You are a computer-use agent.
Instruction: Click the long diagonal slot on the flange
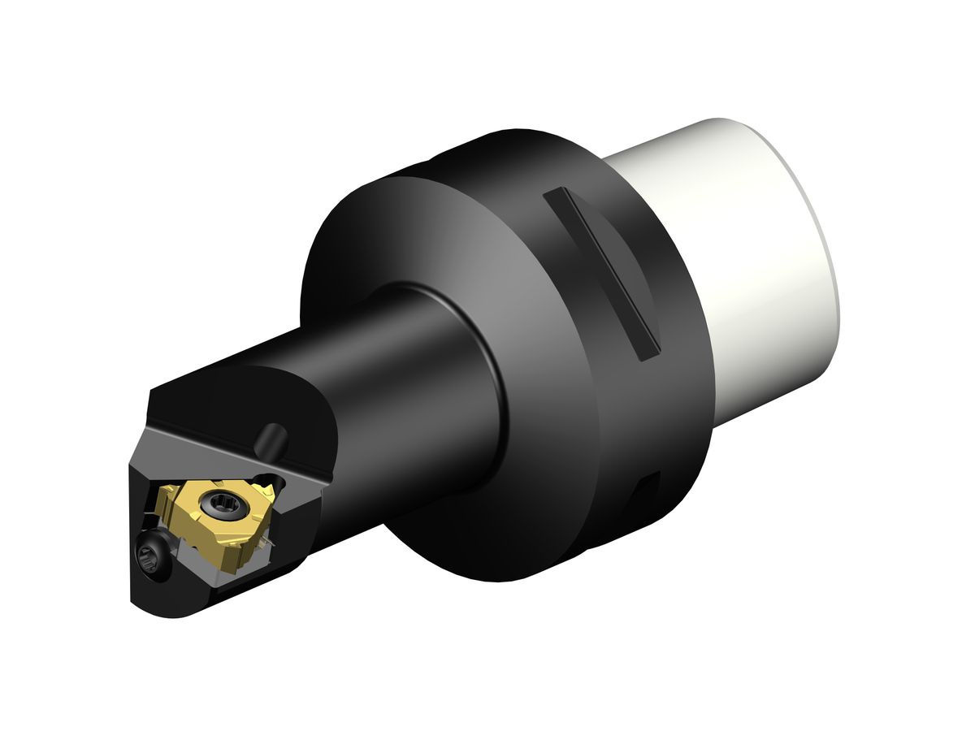601,272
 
